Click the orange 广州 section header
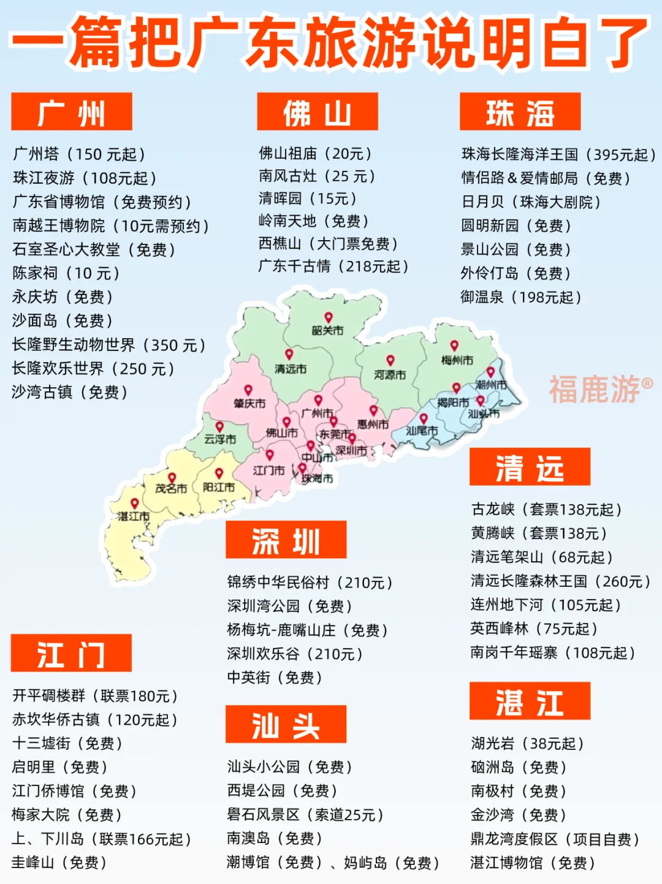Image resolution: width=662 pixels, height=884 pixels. (72, 111)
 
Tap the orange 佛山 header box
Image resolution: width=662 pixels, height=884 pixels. (318, 111)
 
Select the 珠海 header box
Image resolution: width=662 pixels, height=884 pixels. (520, 111)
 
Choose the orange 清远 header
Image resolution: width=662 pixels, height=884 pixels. (530, 467)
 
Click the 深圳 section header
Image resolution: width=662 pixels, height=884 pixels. (286, 540)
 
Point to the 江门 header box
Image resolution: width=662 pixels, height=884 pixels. (71, 653)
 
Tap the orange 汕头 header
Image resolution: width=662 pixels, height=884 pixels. (286, 724)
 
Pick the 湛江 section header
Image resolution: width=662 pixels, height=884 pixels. (530, 701)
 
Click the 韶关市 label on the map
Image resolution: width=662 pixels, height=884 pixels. (328, 331)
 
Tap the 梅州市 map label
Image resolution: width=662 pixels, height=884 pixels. (457, 360)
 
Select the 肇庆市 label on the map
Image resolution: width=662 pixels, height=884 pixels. (249, 404)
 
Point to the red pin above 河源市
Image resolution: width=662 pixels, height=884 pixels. (390, 360)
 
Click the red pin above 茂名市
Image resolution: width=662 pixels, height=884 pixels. (172, 477)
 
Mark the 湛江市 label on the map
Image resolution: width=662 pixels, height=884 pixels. (134, 516)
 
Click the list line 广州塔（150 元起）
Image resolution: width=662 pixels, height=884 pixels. (80, 154)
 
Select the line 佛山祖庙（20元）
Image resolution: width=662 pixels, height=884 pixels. (316, 153)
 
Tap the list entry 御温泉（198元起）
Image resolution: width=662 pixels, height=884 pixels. (521, 297)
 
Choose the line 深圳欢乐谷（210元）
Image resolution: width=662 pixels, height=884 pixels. (295, 654)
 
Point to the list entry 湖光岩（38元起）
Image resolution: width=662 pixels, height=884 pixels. (527, 744)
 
